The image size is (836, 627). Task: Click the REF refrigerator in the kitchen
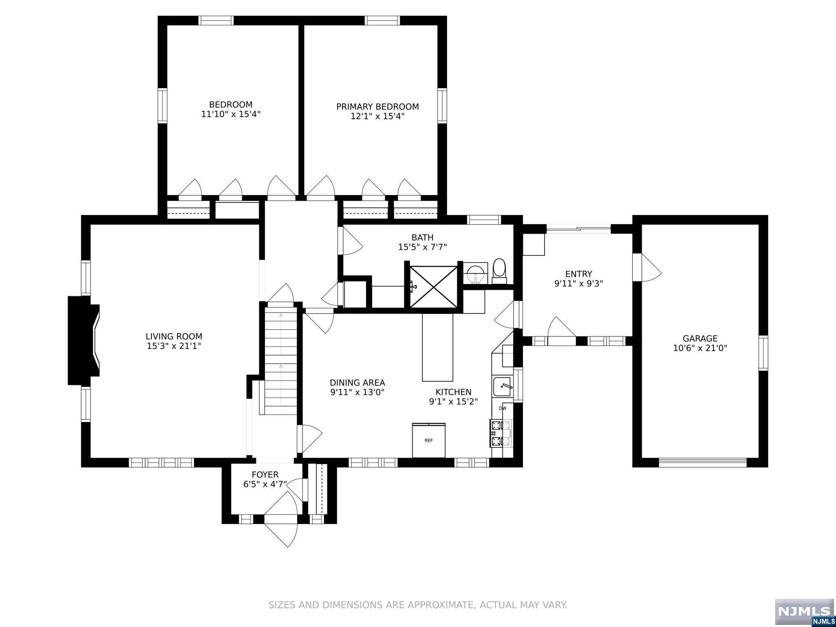tap(429, 440)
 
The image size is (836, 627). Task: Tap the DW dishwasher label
tap(502, 408)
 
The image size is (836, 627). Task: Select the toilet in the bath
tap(499, 271)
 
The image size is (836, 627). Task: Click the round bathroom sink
tap(475, 273)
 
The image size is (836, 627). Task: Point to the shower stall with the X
tap(433, 287)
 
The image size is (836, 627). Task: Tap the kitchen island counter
tap(438, 347)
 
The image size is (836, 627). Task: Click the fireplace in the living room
tap(84, 341)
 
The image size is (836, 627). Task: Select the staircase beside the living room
tap(281, 361)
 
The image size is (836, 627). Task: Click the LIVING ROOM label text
tap(174, 336)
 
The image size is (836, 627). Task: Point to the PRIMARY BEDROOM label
tap(378, 107)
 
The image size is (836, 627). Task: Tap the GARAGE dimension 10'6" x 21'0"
tap(700, 348)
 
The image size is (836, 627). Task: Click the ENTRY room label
tap(578, 274)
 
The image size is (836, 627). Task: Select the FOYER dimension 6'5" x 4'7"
tap(265, 484)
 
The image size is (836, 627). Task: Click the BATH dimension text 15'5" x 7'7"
tap(422, 247)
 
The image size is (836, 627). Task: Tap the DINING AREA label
tap(357, 382)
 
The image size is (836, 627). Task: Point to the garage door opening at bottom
tap(703, 462)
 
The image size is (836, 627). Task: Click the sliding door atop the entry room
tap(578, 229)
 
